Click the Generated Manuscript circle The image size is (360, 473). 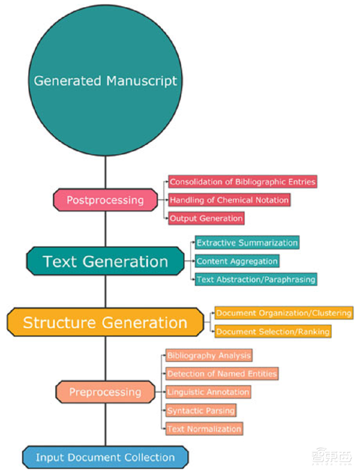[106, 81]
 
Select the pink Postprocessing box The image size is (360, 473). [105, 200]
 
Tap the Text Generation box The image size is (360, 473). [105, 261]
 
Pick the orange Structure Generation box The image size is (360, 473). [105, 322]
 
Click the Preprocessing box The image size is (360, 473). [105, 392]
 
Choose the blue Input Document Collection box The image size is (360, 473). [105, 458]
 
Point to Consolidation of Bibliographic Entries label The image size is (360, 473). [243, 182]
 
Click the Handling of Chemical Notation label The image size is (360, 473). [229, 200]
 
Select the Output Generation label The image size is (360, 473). [206, 219]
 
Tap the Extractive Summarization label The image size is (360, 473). [247, 243]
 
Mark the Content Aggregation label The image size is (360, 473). [237, 261]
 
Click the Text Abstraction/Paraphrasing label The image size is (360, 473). [256, 279]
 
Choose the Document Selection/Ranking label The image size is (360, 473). [273, 332]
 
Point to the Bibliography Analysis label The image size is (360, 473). [209, 356]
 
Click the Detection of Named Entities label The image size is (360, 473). [222, 374]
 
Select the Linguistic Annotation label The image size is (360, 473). [208, 392]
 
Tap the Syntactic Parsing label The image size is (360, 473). [201, 411]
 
